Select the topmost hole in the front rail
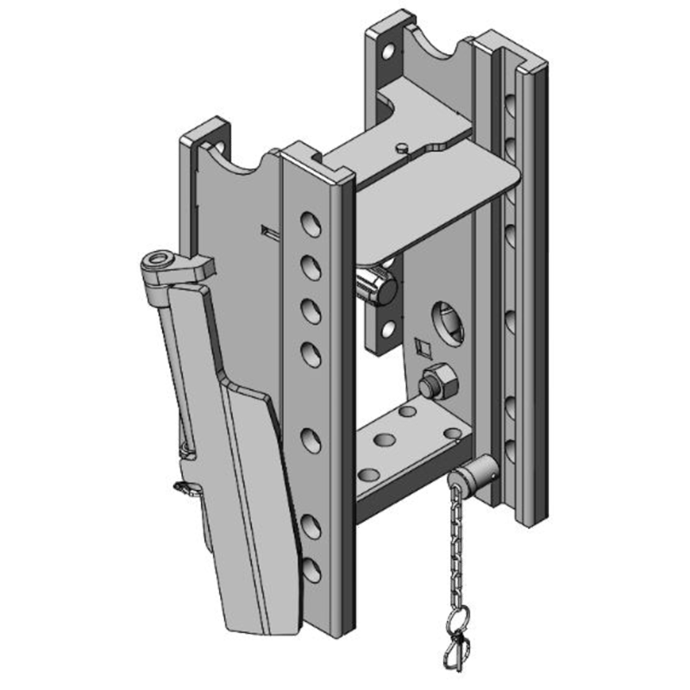pos(308,223)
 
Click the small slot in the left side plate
pos(267,231)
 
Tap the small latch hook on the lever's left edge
pos(185,488)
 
